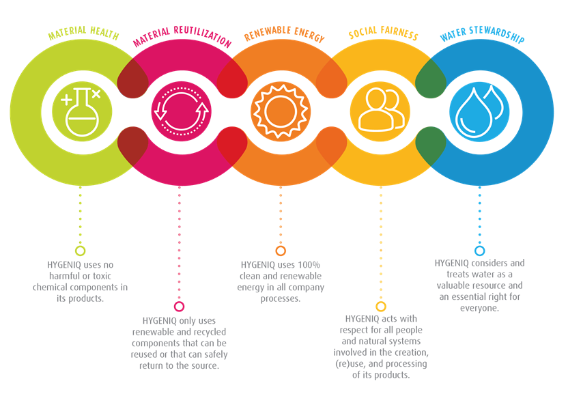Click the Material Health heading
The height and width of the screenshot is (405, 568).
[84, 33]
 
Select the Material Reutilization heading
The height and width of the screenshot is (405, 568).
[182, 36]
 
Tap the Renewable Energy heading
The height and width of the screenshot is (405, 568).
[284, 33]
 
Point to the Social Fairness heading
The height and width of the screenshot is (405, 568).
[383, 33]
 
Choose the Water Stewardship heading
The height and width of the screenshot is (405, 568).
[482, 34]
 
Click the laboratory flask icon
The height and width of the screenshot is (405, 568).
[81, 111]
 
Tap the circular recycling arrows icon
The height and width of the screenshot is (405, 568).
[181, 111]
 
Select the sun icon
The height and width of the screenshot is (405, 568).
[281, 111]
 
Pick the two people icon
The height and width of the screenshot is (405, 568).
[381, 110]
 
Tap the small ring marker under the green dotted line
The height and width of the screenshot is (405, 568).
[80, 251]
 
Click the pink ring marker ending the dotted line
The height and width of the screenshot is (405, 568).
[179, 307]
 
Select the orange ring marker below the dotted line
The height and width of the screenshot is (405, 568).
[281, 251]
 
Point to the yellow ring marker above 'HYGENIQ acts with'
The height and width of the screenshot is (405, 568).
[381, 307]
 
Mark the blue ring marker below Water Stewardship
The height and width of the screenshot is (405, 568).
[480, 251]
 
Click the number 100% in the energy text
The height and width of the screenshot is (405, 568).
[309, 265]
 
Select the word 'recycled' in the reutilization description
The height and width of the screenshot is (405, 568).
[210, 332]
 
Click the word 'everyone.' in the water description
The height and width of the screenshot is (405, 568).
[480, 308]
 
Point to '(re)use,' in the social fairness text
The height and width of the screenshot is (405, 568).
[350, 364]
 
